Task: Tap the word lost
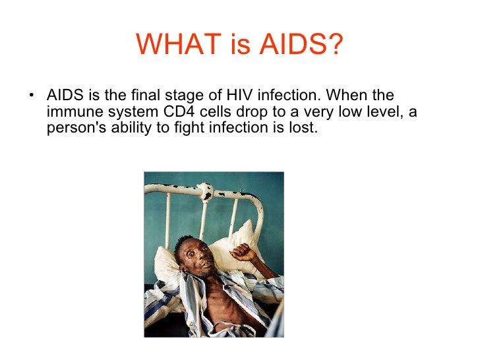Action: pyautogui.click(x=305, y=128)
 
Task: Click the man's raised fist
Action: pyautogui.click(x=243, y=251)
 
